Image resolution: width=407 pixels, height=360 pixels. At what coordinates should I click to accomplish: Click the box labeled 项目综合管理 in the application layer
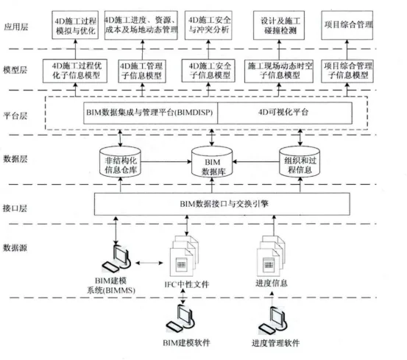point(347,25)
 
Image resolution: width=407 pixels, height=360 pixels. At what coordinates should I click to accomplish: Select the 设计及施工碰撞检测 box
point(279,25)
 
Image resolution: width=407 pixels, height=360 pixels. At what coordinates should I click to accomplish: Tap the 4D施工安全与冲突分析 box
point(208,25)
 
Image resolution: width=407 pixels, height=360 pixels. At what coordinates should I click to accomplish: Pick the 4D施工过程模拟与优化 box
point(75,25)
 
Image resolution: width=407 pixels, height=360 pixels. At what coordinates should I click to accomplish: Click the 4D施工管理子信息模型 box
point(142,71)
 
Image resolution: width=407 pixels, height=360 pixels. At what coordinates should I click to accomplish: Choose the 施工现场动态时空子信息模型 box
point(279,71)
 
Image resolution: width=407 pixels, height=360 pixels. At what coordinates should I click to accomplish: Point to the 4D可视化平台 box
point(285,113)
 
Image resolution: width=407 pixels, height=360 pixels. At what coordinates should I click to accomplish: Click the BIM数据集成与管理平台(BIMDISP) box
point(151,113)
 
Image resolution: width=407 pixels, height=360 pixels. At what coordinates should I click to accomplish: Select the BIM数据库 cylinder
point(212,162)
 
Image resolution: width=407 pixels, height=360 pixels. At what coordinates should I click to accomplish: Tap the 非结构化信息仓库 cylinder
point(120,162)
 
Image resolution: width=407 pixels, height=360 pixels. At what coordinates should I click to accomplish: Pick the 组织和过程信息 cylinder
point(300,162)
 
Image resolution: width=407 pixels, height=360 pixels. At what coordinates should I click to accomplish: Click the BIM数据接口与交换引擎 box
point(222,204)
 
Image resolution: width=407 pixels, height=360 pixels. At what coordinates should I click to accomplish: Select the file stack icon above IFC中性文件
point(184,256)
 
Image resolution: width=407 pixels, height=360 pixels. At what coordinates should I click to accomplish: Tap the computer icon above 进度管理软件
point(274,321)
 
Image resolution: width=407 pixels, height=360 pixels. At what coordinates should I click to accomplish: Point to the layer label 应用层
point(16,27)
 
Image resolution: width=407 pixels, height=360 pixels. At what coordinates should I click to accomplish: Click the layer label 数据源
point(15,248)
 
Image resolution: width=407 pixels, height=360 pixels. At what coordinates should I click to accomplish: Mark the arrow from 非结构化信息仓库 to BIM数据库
point(166,162)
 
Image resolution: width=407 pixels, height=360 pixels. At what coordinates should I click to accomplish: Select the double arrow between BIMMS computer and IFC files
point(149,263)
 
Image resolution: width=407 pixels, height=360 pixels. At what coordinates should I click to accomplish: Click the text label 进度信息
point(272,283)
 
